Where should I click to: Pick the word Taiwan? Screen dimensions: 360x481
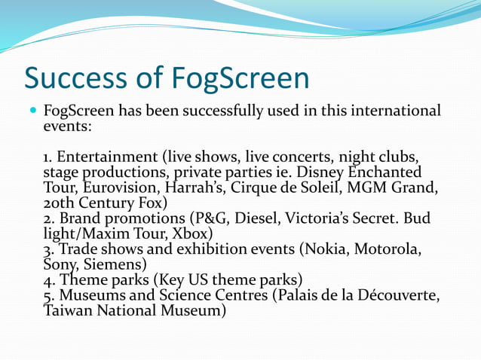point(69,310)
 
